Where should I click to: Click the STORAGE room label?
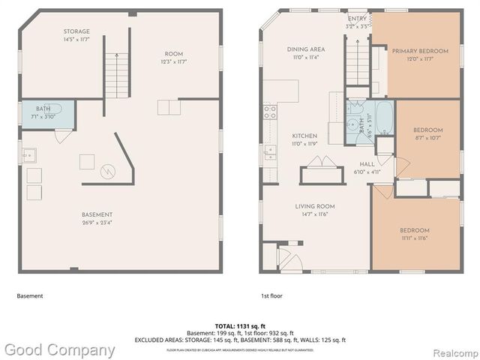[x=76, y=31]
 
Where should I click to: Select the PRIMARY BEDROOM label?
[x=420, y=51]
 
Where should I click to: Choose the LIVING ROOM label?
[x=314, y=206]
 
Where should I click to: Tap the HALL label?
[x=367, y=163]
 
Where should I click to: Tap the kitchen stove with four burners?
[x=269, y=112]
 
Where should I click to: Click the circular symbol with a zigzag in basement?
[x=109, y=172]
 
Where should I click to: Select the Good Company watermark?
[x=60, y=349]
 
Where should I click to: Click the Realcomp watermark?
[x=450, y=350]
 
